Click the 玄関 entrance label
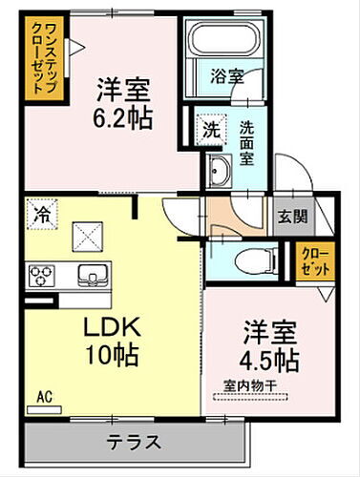pos(292,216)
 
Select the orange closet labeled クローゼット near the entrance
pos(312,259)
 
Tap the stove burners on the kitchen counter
pos(41,277)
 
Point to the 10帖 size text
pos(113,357)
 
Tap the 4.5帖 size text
pos(267,361)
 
